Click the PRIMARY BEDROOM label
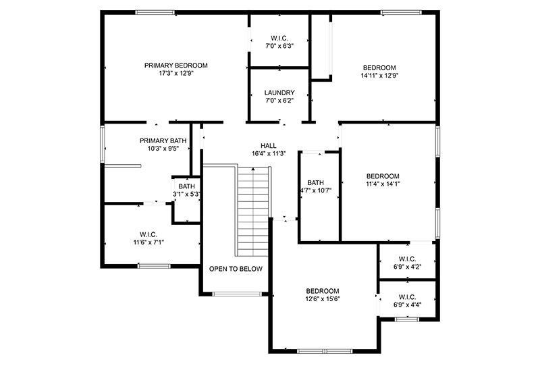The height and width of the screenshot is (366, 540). click(x=175, y=66)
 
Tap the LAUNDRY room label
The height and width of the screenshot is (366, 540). click(x=279, y=93)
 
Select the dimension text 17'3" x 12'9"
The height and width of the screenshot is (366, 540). click(x=175, y=74)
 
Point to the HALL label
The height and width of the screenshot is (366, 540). click(x=268, y=146)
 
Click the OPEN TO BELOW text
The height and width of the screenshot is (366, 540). click(x=236, y=269)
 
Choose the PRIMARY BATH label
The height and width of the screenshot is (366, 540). click(x=163, y=140)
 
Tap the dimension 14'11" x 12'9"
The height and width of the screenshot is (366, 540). click(x=379, y=76)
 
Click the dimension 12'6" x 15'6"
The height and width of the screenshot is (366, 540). click(x=323, y=298)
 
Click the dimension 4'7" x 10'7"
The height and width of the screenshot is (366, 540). click(x=316, y=190)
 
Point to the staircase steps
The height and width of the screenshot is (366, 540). click(x=253, y=211)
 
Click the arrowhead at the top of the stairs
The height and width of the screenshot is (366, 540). click(x=253, y=169)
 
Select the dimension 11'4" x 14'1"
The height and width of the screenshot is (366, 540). click(x=383, y=184)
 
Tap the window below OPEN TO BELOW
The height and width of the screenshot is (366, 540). click(x=237, y=294)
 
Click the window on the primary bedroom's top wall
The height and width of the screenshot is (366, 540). click(x=155, y=12)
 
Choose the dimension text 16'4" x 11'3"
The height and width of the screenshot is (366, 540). click(x=269, y=154)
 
